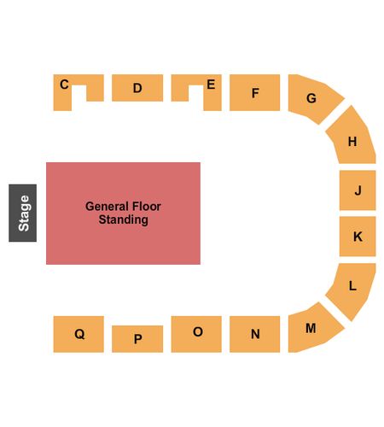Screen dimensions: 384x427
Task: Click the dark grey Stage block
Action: tap(22, 213)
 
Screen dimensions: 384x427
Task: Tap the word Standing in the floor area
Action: tap(123, 219)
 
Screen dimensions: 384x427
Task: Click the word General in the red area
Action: tap(106, 207)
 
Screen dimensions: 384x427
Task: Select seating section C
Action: tap(62, 97)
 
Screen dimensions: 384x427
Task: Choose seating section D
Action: tap(137, 88)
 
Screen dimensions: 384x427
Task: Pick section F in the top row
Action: tap(254, 92)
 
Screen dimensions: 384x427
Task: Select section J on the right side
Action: tap(358, 190)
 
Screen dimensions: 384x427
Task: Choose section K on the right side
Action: tap(358, 237)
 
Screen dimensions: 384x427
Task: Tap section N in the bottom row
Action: tap(254, 334)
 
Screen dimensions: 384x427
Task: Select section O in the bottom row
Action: tap(196, 334)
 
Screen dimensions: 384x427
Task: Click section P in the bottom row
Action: tap(137, 339)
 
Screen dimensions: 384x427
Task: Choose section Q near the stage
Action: tap(79, 334)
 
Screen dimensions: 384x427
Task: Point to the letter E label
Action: tap(211, 85)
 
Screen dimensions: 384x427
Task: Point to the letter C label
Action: tap(64, 85)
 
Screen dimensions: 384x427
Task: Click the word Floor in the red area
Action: tap(145, 207)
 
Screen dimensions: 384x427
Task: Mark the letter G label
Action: tap(311, 98)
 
